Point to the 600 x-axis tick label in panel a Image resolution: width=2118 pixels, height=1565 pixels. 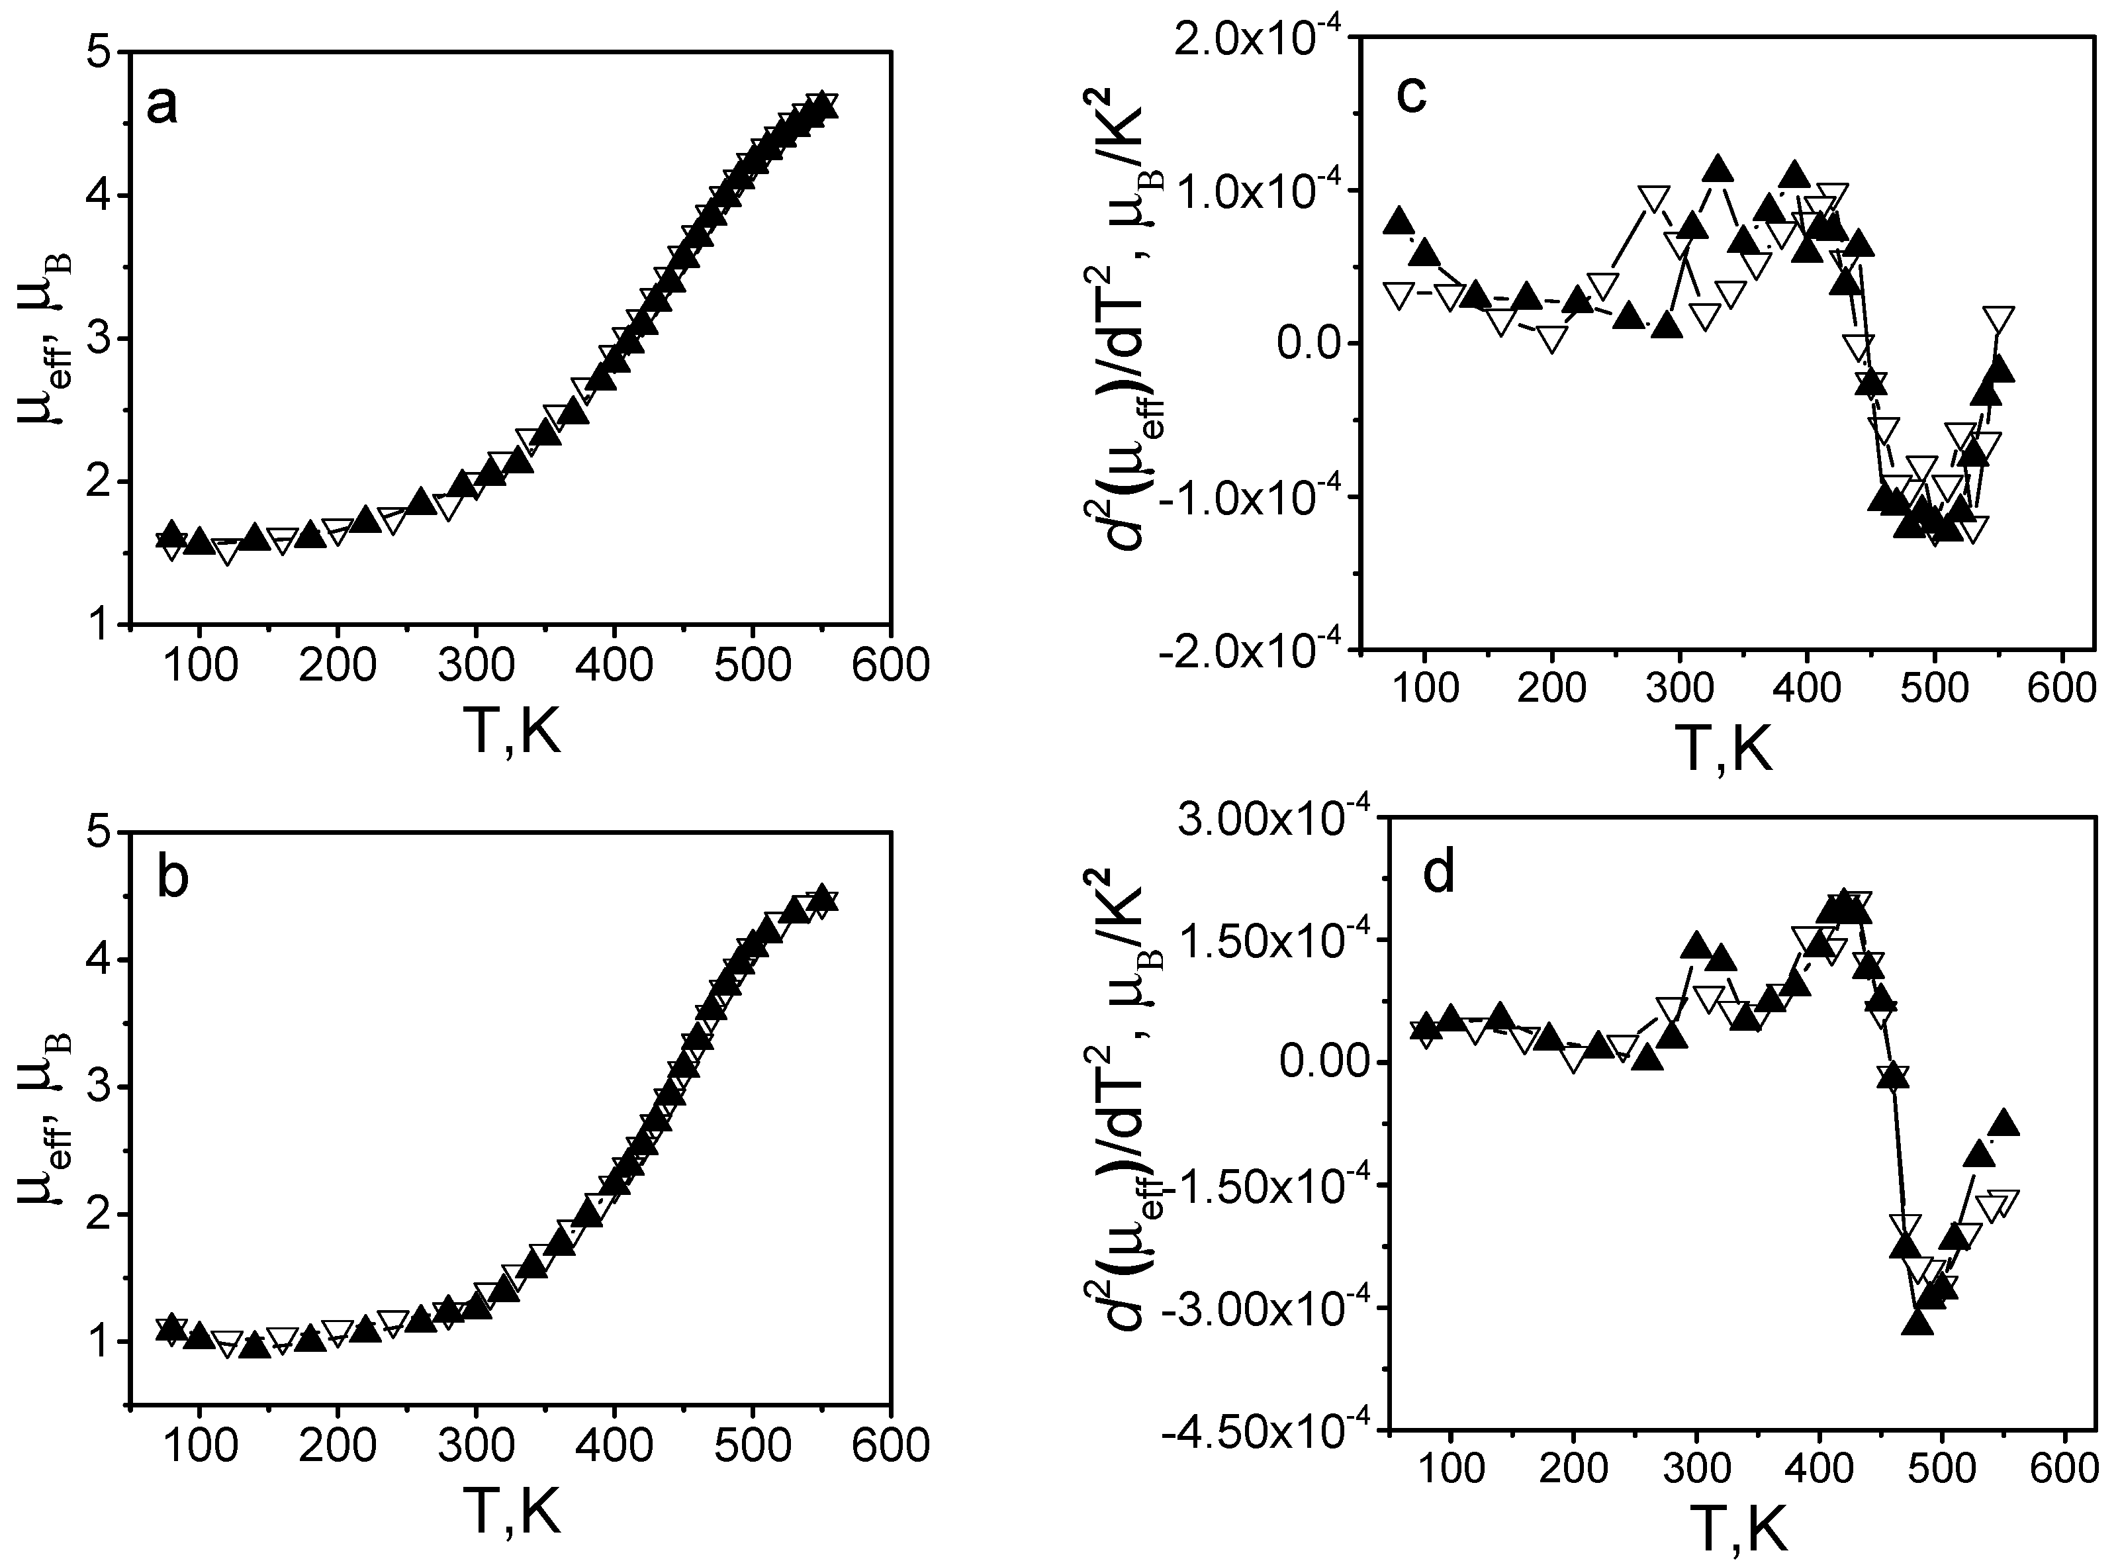coord(888,665)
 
